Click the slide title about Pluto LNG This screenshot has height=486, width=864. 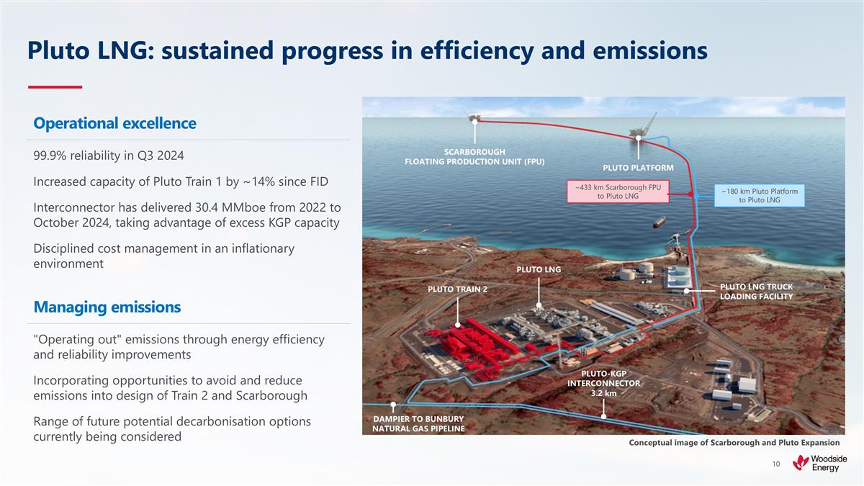point(367,50)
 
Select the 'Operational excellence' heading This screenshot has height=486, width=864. point(114,123)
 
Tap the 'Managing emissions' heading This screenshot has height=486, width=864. point(107,307)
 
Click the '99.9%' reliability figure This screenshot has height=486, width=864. point(50,156)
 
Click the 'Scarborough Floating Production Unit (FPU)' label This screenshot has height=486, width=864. point(474,156)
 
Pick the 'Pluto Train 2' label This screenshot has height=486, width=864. point(457,289)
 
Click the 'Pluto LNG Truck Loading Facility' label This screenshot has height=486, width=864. point(756,292)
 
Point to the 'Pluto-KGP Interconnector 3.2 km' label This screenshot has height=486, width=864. point(603,383)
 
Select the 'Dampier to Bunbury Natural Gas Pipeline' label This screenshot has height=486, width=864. point(418,423)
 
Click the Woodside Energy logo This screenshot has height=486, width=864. point(819,464)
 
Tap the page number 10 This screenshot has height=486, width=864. point(775,464)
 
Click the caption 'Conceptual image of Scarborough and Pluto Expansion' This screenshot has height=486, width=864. point(734,442)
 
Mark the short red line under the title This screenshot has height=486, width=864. point(55,87)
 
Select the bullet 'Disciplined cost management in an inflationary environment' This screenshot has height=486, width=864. point(164,256)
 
